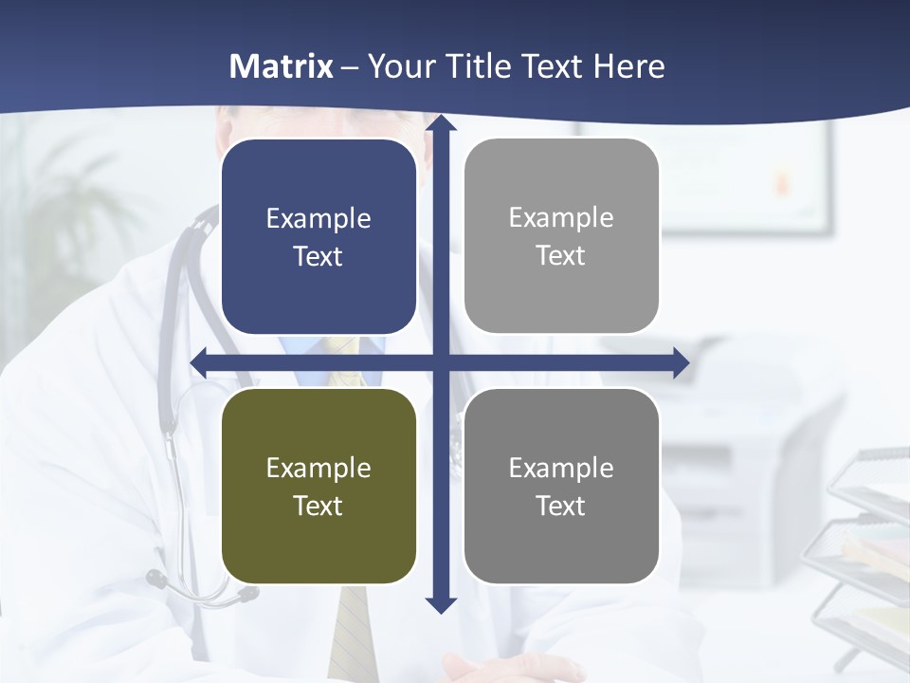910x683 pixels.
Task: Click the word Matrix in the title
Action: [282, 66]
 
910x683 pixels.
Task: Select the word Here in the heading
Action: [628, 66]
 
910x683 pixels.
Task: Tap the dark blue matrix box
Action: [318, 237]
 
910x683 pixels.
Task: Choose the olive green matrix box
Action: [318, 486]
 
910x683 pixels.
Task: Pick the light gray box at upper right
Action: [561, 236]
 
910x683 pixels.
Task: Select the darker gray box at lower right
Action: [561, 486]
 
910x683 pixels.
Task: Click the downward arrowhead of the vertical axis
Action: [441, 604]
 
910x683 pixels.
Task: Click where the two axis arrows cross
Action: [441, 362]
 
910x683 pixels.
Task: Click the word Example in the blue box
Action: [318, 219]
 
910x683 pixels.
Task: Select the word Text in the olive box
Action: [318, 506]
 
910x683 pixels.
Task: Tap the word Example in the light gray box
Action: [561, 218]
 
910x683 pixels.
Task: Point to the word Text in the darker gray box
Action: [561, 506]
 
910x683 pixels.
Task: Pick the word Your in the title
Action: [398, 66]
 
